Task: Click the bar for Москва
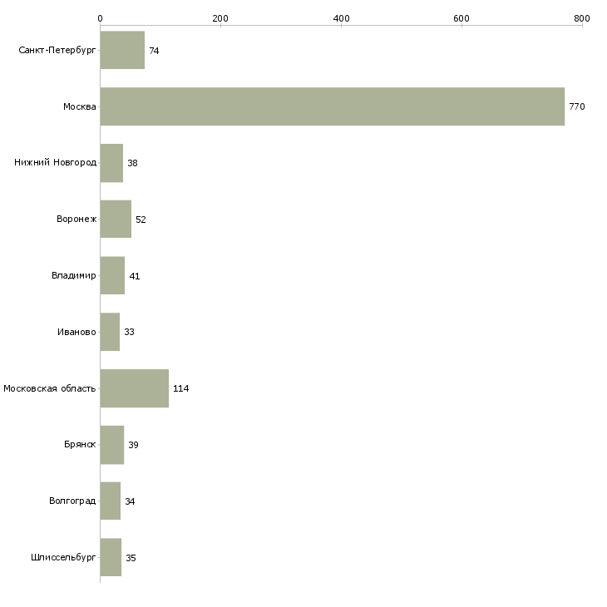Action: pyautogui.click(x=332, y=106)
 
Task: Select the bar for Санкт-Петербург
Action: pyautogui.click(x=122, y=50)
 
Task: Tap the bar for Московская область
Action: pyautogui.click(x=135, y=388)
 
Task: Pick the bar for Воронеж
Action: pyautogui.click(x=116, y=220)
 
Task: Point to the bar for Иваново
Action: pyautogui.click(x=110, y=332)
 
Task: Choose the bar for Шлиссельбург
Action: pyautogui.click(x=111, y=557)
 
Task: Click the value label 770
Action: pyautogui.click(x=577, y=106)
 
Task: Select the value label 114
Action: pyautogui.click(x=180, y=388)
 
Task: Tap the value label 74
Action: pyautogui.click(x=154, y=51)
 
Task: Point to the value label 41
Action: pyautogui.click(x=135, y=276)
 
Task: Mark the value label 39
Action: pyautogui.click(x=133, y=445)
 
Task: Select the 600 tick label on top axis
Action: pyautogui.click(x=461, y=18)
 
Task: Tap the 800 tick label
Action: pyautogui.click(x=582, y=18)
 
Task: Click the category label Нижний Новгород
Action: pyautogui.click(x=56, y=162)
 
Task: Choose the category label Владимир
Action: pyautogui.click(x=73, y=275)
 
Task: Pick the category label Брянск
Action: pyautogui.click(x=80, y=444)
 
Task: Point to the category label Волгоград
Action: pyautogui.click(x=72, y=501)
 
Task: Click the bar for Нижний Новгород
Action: pyautogui.click(x=111, y=163)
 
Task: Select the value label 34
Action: pyautogui.click(x=130, y=501)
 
